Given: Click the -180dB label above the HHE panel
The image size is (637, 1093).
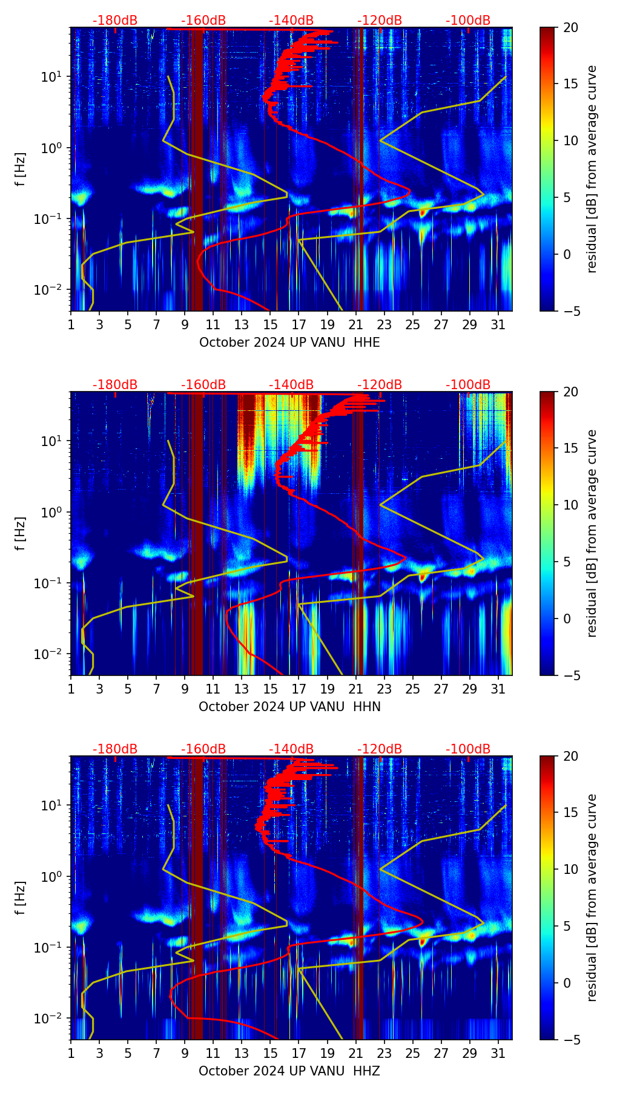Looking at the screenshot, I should [115, 21].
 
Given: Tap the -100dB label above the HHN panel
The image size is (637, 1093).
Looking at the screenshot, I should [468, 385].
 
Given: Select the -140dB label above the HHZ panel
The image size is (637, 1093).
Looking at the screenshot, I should [291, 749].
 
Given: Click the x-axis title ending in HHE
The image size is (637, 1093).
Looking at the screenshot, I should [289, 343].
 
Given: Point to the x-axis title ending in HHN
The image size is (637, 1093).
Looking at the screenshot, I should [289, 707].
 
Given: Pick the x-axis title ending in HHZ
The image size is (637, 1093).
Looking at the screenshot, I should [289, 1071].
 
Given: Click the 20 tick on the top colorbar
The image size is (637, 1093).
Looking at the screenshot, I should [571, 27].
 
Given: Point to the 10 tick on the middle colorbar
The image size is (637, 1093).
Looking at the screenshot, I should [571, 505].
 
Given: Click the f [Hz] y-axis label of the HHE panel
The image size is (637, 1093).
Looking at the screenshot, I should [21, 169].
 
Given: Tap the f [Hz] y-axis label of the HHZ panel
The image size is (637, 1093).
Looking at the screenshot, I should [21, 898].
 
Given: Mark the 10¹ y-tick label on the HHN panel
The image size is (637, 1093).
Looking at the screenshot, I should [51, 441].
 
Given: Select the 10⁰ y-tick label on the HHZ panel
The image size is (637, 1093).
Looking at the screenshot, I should [51, 876].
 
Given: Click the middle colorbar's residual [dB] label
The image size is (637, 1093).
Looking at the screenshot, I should [592, 533].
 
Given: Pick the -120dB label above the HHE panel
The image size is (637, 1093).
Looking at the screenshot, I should [380, 21].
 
